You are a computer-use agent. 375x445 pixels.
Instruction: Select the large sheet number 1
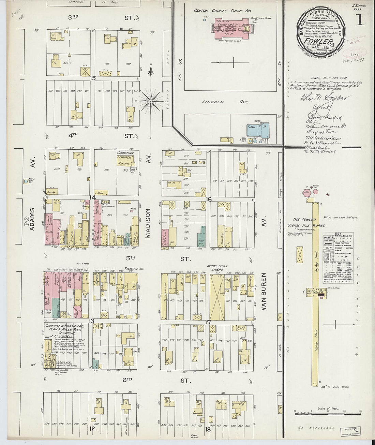pos(359,20)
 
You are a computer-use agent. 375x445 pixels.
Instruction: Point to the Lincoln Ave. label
pos(225,102)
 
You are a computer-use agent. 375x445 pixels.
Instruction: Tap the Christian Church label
pos(125,155)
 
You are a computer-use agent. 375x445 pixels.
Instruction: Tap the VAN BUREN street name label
pos(264,292)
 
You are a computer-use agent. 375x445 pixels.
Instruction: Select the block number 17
pos(208,322)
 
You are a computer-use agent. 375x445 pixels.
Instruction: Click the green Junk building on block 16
pos(201,234)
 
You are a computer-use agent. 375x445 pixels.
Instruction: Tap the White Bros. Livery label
pos(217,268)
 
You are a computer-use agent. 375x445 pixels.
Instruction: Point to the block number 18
pos(208,429)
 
